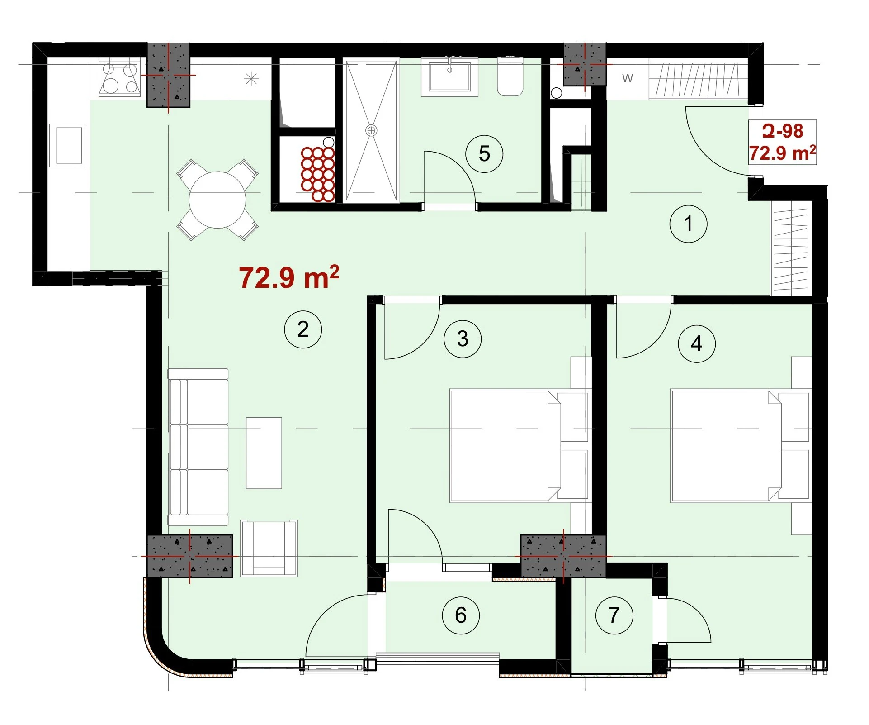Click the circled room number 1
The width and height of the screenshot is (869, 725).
pos(688,224)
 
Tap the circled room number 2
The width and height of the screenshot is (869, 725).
pos(303,329)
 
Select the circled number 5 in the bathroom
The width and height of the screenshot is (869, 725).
pos(484,153)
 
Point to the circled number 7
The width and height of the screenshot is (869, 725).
pos(614,615)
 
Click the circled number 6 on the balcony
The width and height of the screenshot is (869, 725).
pos(461,615)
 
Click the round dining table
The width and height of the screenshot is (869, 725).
pos(217,200)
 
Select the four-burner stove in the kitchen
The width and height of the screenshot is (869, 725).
pos(119,78)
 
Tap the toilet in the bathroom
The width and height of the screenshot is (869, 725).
pos(510,76)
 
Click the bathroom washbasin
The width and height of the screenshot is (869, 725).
pos(449,77)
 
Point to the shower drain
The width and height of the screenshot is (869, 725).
pos(371,130)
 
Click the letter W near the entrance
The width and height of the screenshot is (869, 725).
pos(627,78)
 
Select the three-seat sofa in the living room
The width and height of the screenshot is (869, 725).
pos(198,447)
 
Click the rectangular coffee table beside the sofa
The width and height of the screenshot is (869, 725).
pos(264,453)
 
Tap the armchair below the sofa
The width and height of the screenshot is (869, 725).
pos(269,548)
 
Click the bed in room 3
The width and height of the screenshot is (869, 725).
pos(519,446)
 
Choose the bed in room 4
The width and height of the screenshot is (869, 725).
pos(740,446)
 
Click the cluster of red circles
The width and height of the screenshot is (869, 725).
pos(317,174)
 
